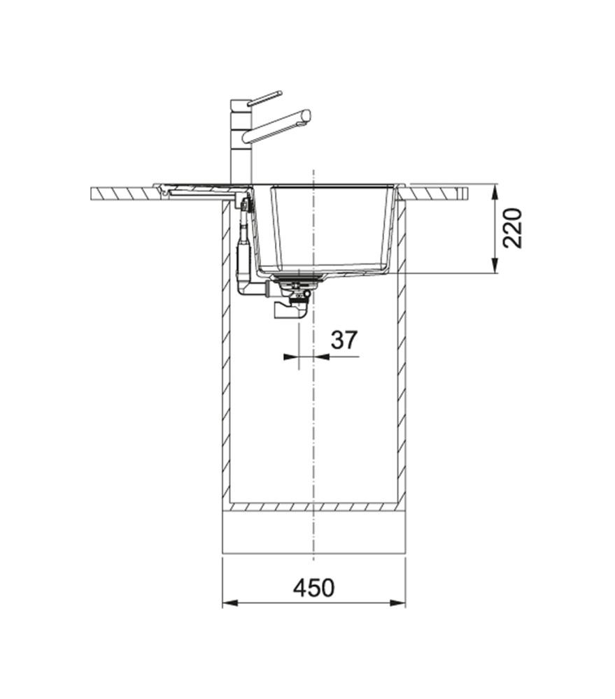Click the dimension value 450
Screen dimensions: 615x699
click(313, 588)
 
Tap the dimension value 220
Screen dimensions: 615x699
click(512, 228)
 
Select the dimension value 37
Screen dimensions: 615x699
click(344, 340)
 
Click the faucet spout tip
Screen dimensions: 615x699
click(306, 115)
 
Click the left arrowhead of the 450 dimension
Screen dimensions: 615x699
click(229, 603)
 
